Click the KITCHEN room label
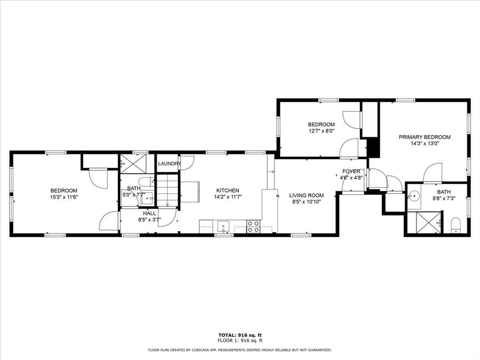pyautogui.click(x=227, y=190)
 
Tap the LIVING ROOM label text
pyautogui.click(x=306, y=195)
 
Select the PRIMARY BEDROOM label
pyautogui.click(x=424, y=137)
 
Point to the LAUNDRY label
pyautogui.click(x=169, y=164)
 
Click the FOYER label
pyautogui.click(x=351, y=172)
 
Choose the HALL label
pyautogui.click(x=150, y=213)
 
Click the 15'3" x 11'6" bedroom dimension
pyautogui.click(x=64, y=197)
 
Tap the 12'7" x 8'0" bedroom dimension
pyautogui.click(x=321, y=131)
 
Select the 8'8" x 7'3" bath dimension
pyautogui.click(x=443, y=198)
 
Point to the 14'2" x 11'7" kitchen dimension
pyautogui.click(x=227, y=197)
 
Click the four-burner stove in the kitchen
pyautogui.click(x=254, y=226)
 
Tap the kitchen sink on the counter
pyautogui.click(x=224, y=225)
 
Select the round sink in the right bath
pyautogui.click(x=413, y=195)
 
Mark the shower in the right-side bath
pyautogui.click(x=424, y=223)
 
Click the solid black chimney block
pyautogui.click(x=373, y=148)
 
